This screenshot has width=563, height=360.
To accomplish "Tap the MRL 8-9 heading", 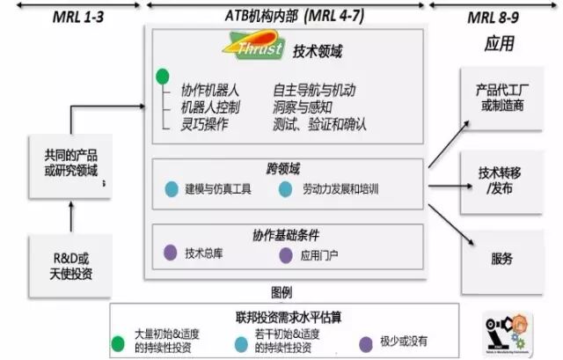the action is coord(499,16).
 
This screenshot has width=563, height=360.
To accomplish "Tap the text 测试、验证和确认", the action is coord(319,124).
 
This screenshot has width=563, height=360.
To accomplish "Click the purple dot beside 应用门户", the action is coord(285,256).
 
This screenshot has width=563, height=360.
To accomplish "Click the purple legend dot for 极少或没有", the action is coord(365,343).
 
